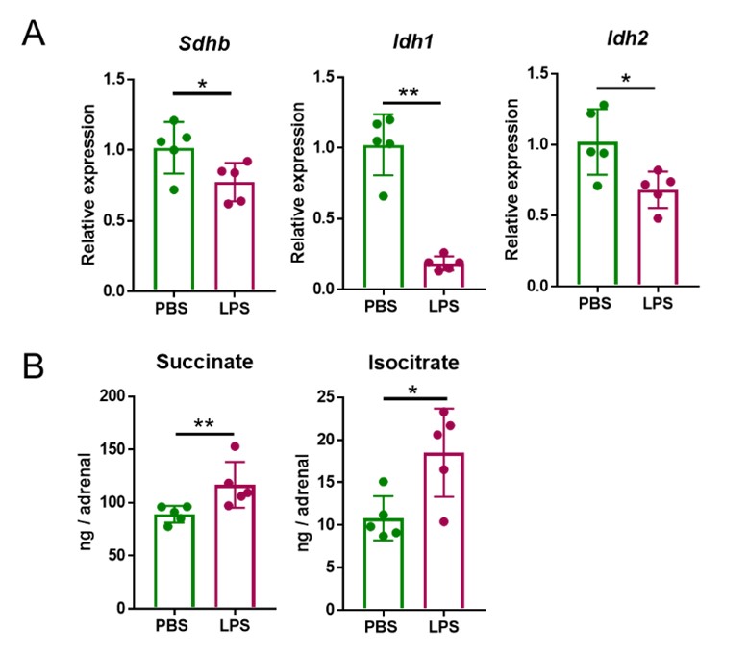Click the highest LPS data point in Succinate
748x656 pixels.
coord(234,446)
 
